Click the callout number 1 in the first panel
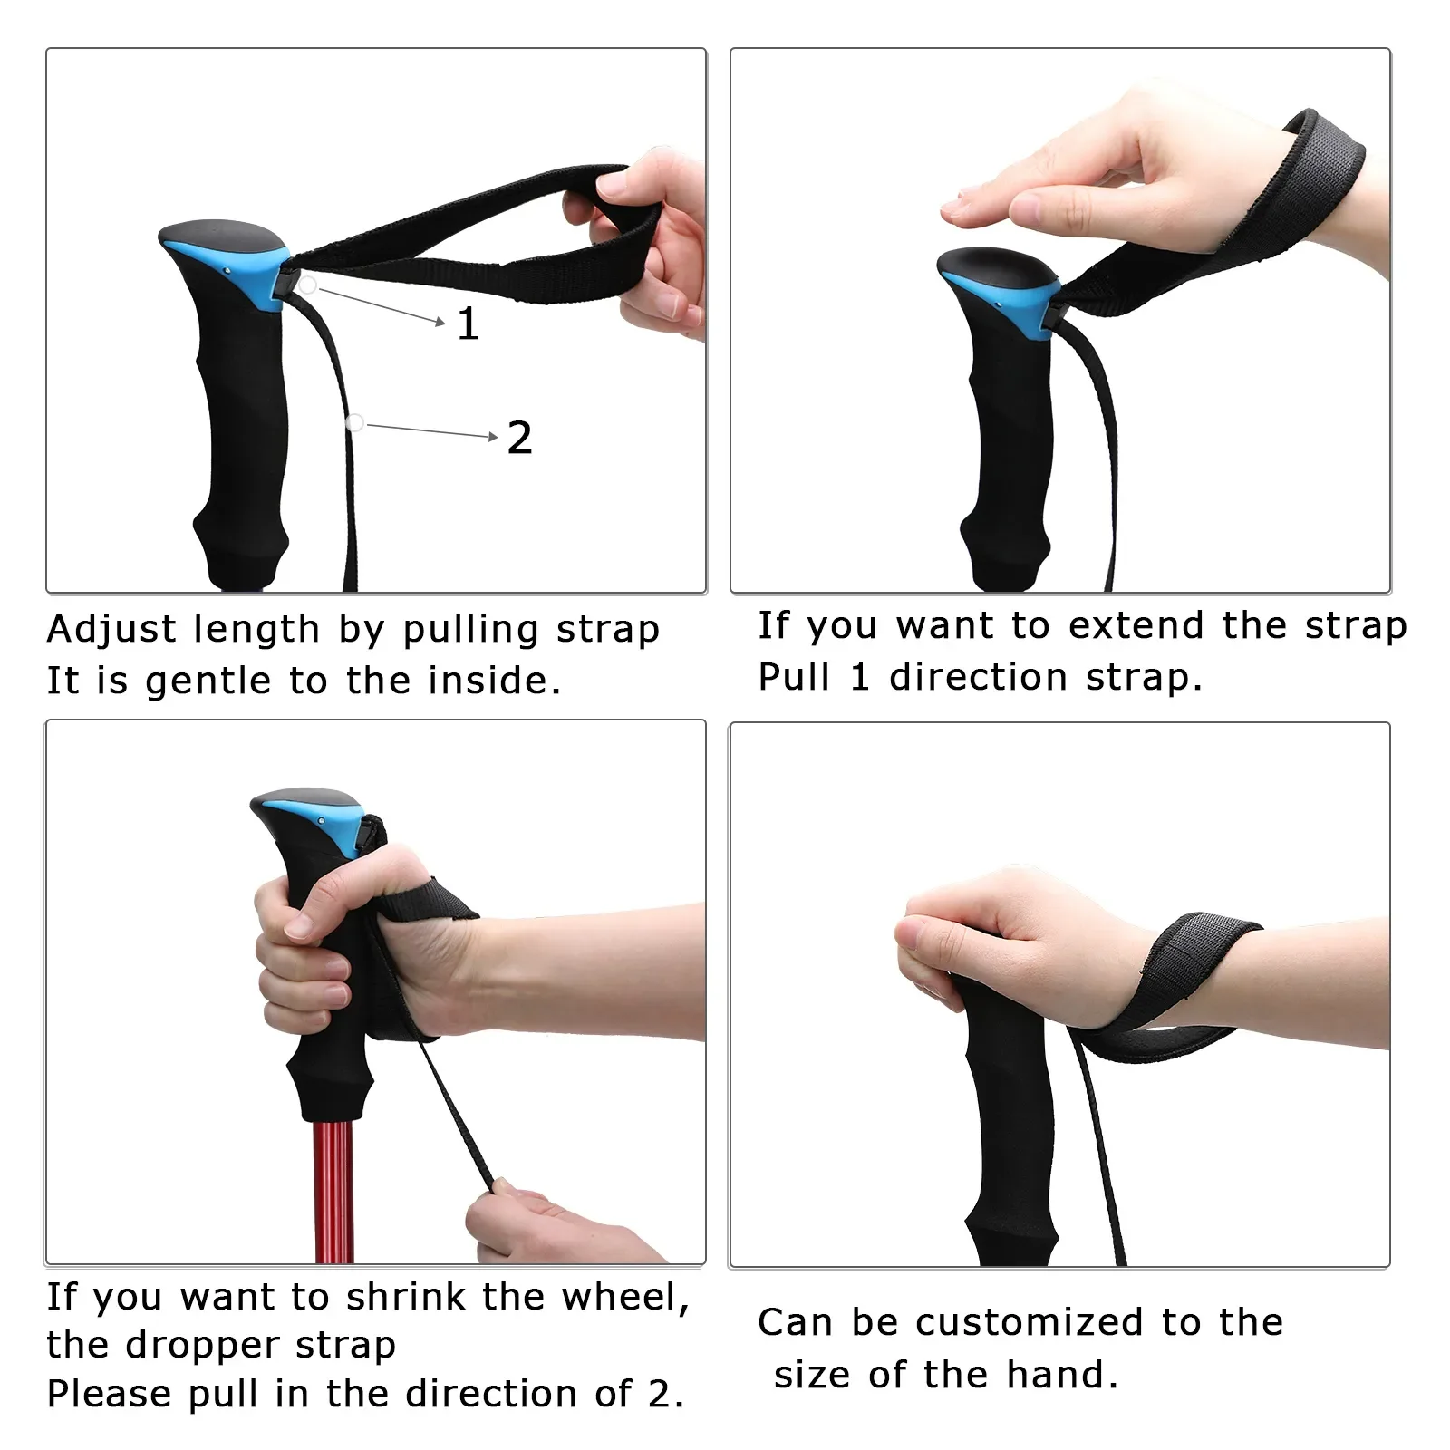[468, 324]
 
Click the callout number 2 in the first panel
[519, 438]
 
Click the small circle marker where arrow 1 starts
[308, 285]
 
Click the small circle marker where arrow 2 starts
[355, 422]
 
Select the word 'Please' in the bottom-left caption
[109, 1394]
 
